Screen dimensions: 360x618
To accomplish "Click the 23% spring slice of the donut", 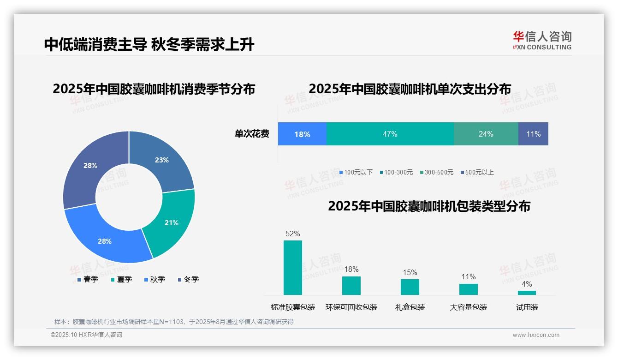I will click(x=161, y=160).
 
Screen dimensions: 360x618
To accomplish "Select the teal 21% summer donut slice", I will click(x=171, y=222).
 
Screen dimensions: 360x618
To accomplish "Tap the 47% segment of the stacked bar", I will click(x=390, y=134).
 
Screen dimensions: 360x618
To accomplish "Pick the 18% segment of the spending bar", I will click(x=302, y=134).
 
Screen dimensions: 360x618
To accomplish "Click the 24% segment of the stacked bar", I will click(x=486, y=134).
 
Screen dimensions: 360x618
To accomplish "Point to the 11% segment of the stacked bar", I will click(x=533, y=134).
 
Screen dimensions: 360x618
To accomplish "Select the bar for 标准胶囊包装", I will click(x=292, y=268).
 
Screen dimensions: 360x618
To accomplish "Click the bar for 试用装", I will click(x=527, y=293).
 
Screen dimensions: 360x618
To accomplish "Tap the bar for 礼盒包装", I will click(x=410, y=287).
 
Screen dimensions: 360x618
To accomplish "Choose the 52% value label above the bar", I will click(x=292, y=234).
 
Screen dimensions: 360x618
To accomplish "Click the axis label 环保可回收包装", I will click(x=351, y=307).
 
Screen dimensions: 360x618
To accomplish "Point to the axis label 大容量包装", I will click(x=469, y=307).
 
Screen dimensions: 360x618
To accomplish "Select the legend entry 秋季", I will click(x=154, y=279).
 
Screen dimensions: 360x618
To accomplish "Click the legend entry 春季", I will click(x=88, y=279).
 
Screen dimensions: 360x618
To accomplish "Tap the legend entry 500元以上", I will click(x=477, y=172).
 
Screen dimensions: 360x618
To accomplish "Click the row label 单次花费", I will click(x=252, y=134).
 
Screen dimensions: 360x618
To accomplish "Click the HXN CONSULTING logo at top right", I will click(x=542, y=40).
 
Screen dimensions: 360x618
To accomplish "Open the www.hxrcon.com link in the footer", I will click(x=536, y=335).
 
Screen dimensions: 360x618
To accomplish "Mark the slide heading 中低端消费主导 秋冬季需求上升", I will click(x=149, y=44).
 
